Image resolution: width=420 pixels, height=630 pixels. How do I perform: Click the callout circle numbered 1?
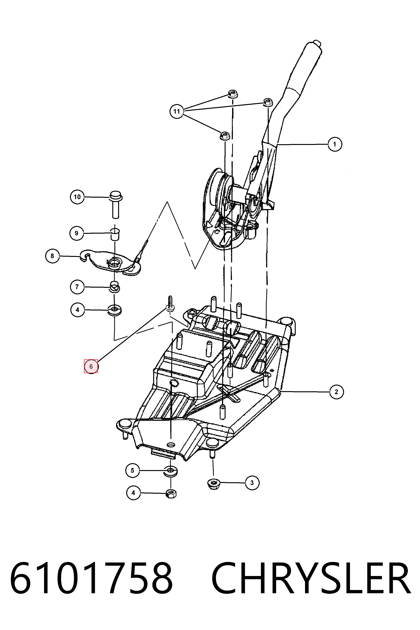[334, 144]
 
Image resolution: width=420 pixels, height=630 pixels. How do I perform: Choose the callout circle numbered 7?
[77, 287]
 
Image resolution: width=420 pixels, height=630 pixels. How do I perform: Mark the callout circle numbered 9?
[77, 233]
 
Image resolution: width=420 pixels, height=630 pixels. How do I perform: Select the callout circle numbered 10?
[77, 197]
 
